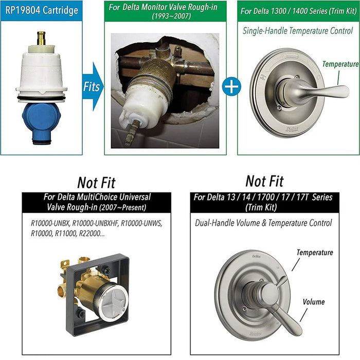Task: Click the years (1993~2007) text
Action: (170, 16)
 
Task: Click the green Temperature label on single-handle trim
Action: (340, 64)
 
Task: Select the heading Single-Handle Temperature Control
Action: (298, 31)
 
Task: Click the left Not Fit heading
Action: (96, 182)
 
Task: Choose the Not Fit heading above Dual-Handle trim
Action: (264, 181)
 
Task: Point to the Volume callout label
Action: (313, 302)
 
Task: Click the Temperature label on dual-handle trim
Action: (314, 253)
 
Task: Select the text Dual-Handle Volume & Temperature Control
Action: (263, 223)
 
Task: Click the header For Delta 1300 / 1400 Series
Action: (298, 10)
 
